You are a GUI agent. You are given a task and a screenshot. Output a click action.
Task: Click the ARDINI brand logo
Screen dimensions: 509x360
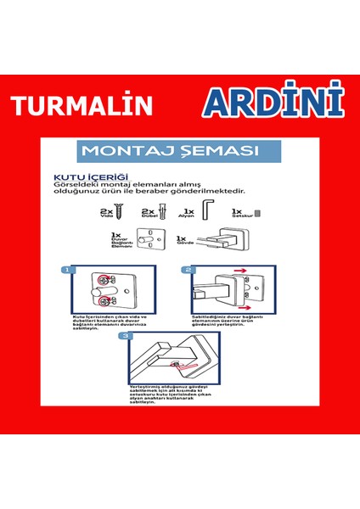click(x=273, y=102)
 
